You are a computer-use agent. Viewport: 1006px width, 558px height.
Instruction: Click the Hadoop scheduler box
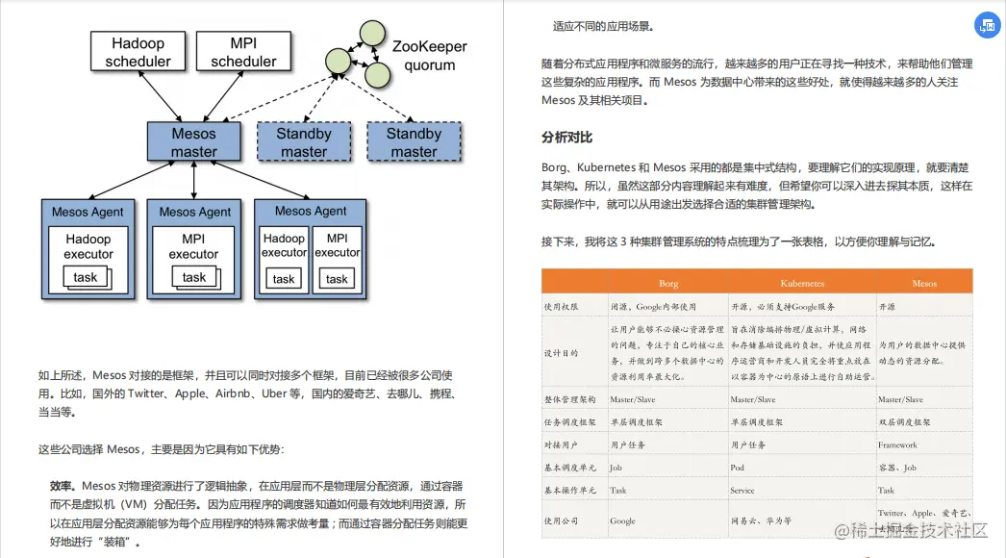coord(138,52)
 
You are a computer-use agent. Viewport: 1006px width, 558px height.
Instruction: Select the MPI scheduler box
coord(243,52)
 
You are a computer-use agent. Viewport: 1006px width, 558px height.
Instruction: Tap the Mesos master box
coord(194,141)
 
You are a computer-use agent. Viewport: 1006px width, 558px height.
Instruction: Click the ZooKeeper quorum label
coord(428,56)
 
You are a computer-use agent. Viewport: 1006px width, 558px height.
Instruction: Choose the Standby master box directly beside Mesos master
coord(304,141)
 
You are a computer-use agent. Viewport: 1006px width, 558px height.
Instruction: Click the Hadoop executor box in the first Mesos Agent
coord(88,246)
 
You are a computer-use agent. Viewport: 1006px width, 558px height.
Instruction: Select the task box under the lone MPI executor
coord(194,277)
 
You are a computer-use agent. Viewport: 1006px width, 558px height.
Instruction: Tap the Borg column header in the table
coord(667,284)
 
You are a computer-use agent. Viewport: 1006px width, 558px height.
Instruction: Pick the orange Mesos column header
coord(924,284)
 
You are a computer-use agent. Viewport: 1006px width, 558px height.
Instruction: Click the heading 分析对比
coord(566,139)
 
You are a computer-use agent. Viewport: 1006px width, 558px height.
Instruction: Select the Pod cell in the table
coord(739,468)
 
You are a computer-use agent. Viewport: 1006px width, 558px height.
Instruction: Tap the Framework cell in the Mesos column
coord(897,445)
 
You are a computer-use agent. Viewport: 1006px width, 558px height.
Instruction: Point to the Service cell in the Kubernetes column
coord(743,490)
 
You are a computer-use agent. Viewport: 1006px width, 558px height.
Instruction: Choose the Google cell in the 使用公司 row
coord(622,521)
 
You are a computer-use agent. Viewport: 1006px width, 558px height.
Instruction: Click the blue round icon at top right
coord(988,26)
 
